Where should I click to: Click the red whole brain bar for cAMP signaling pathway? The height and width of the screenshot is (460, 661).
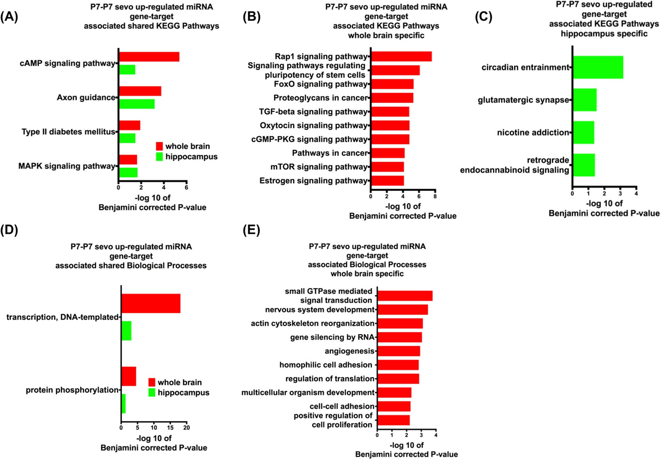[149, 57]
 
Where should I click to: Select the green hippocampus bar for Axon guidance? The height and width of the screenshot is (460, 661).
[137, 104]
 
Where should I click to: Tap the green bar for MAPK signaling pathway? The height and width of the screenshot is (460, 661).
[128, 172]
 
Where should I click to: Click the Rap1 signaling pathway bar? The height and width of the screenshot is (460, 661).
[401, 56]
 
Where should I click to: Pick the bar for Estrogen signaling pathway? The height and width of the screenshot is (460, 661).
[387, 181]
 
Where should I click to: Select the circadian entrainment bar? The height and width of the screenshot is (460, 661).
[598, 67]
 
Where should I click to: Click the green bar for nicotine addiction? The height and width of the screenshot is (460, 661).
[583, 132]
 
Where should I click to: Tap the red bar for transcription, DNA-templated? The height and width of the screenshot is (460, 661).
[151, 303]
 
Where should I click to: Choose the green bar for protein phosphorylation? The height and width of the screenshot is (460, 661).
[124, 404]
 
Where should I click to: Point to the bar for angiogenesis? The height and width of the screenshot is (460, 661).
[399, 351]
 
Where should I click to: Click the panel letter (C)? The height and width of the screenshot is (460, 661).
[484, 17]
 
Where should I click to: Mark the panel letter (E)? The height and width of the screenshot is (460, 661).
[251, 230]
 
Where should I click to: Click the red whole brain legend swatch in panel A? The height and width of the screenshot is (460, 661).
[159, 146]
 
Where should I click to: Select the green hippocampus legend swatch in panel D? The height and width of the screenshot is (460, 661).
[152, 393]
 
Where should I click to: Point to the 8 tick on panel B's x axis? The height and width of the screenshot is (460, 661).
[435, 196]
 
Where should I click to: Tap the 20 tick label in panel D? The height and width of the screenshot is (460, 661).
[186, 428]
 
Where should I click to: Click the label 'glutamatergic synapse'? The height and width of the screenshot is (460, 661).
[523, 100]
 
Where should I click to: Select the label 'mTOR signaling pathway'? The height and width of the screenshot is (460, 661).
[319, 167]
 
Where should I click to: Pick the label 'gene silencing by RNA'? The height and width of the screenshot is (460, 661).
[332, 337]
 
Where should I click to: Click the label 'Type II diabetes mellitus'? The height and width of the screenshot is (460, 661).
[68, 132]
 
